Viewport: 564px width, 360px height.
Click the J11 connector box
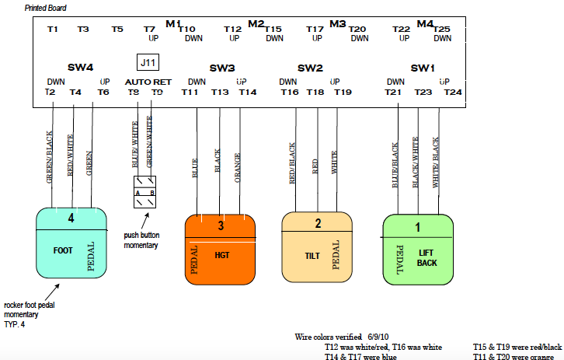pyautogui.click(x=148, y=62)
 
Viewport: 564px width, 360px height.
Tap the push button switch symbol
pyautogui.click(x=144, y=191)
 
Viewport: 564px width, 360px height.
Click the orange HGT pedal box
pyautogui.click(x=221, y=249)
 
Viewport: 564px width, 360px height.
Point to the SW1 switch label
pyautogui.click(x=423, y=68)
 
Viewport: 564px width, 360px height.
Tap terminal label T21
pyautogui.click(x=392, y=92)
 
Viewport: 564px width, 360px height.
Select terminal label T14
pyautogui.click(x=247, y=92)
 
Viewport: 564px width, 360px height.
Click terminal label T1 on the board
pyautogui.click(x=53, y=29)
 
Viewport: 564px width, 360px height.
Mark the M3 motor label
pyautogui.click(x=337, y=23)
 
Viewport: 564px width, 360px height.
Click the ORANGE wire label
pyautogui.click(x=238, y=166)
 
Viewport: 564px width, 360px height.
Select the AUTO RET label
pyautogui.click(x=148, y=82)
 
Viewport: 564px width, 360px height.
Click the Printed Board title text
pyautogui.click(x=46, y=8)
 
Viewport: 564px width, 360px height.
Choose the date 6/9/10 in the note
pyautogui.click(x=379, y=337)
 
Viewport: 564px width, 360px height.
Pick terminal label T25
pyautogui.click(x=442, y=29)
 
